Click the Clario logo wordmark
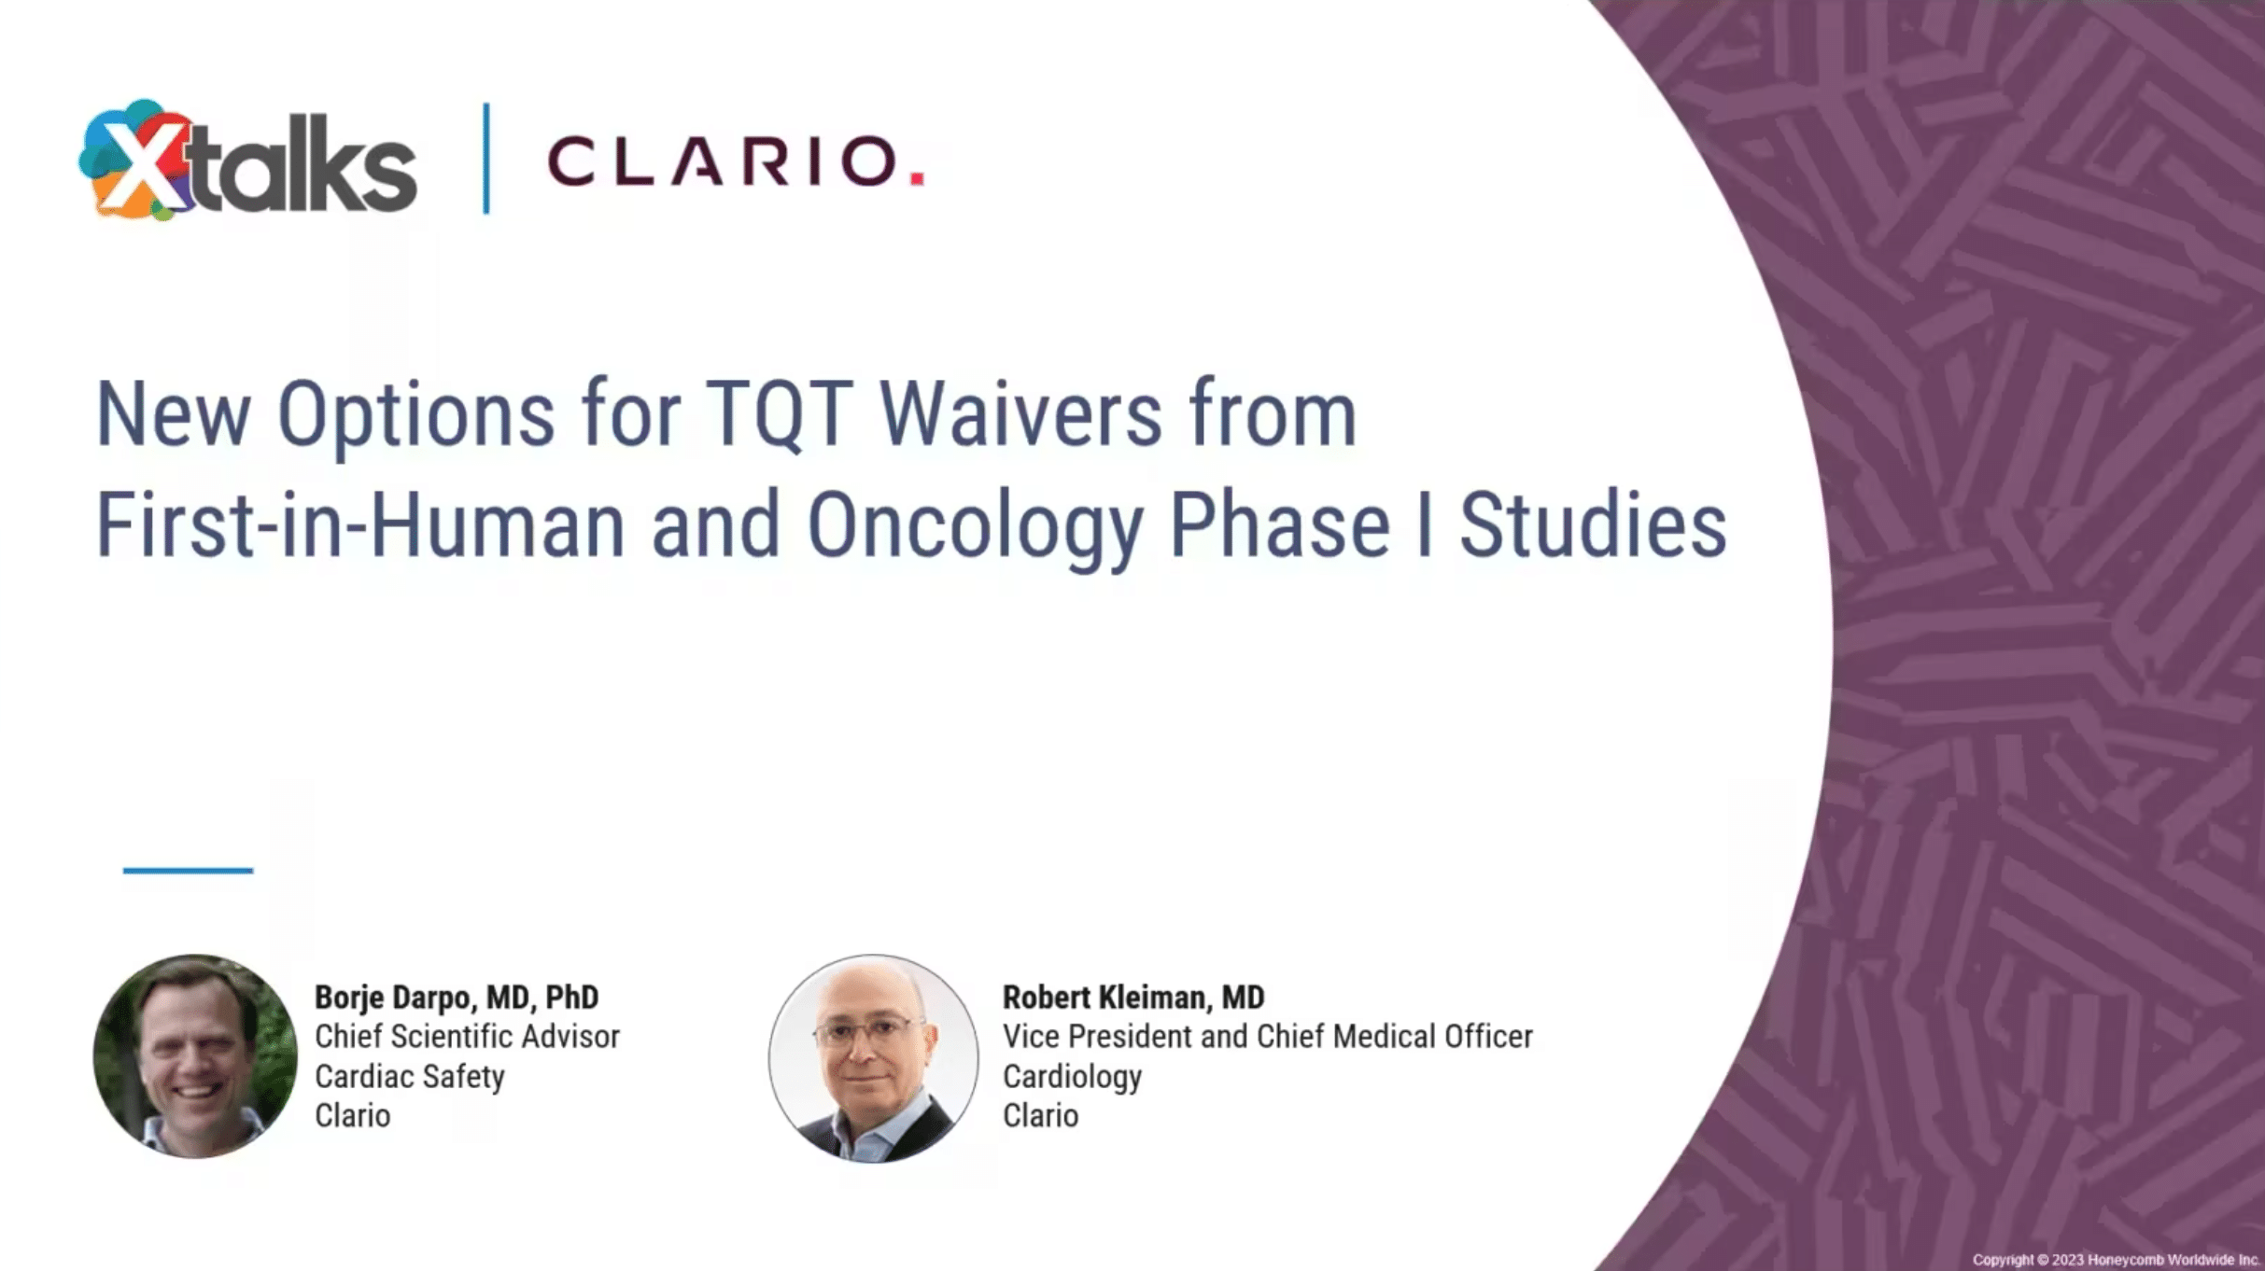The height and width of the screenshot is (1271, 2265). (x=723, y=161)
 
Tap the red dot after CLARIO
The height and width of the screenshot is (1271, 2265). (x=917, y=177)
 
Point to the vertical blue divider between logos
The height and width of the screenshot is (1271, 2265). (x=486, y=159)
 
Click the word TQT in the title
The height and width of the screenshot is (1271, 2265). (x=779, y=415)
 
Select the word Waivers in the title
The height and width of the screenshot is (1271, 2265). (x=1020, y=415)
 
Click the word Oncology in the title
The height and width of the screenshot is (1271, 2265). (x=975, y=527)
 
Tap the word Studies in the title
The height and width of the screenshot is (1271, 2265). (x=1592, y=527)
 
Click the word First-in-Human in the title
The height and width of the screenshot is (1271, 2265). (x=360, y=527)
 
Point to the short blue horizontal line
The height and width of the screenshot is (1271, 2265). (x=188, y=871)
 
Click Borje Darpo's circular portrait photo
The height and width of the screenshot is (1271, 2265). (x=195, y=1056)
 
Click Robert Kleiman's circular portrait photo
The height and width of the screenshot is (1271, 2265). (x=873, y=1058)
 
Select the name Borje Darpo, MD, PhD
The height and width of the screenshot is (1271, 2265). (x=457, y=998)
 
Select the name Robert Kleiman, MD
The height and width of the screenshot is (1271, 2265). (x=1132, y=998)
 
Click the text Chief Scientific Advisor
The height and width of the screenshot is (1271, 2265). (x=467, y=1037)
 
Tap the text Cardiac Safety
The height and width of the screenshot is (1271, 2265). (x=410, y=1077)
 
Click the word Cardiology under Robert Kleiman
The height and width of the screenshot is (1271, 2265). (x=1072, y=1077)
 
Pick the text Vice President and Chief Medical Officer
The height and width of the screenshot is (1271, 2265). (x=1267, y=1037)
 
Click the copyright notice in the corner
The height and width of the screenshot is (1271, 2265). (x=2115, y=1260)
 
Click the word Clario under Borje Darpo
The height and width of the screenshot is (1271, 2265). (x=352, y=1116)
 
